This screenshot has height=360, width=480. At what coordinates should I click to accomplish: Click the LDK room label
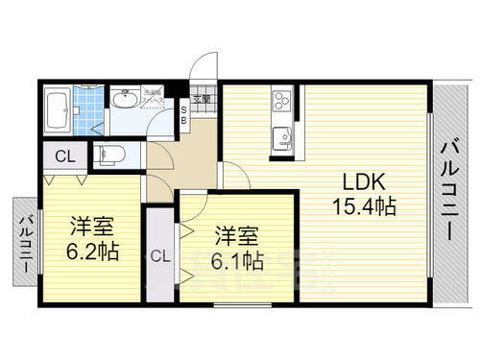pyautogui.click(x=353, y=182)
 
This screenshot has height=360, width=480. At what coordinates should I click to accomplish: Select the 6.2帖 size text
pyautogui.click(x=93, y=252)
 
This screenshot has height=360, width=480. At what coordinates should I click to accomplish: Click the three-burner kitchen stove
pyautogui.click(x=282, y=100)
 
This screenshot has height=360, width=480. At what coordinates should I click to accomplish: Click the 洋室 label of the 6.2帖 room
pyautogui.click(x=93, y=229)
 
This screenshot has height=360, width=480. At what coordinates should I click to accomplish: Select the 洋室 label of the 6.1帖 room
pyautogui.click(x=235, y=235)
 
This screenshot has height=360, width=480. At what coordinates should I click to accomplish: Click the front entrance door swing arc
pyautogui.click(x=204, y=72)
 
